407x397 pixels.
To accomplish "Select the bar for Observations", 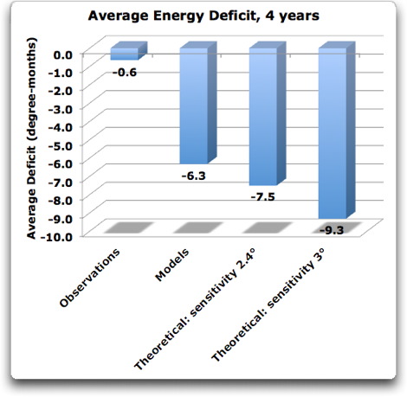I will [x=124, y=54].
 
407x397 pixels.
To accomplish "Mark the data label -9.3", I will [x=333, y=230].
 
